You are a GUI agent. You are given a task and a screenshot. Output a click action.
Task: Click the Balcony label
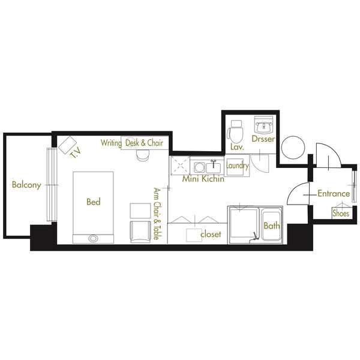26,185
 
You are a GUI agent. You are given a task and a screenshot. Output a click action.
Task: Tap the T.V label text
76,153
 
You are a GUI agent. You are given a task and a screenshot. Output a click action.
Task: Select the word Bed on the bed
94,202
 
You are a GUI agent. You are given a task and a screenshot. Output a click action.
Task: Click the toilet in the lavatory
235,131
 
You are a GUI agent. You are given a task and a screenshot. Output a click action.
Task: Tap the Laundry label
237,166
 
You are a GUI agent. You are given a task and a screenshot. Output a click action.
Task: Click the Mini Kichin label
203,179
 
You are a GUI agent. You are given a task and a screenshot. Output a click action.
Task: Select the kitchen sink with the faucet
213,167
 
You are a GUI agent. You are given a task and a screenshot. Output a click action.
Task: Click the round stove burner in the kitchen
199,167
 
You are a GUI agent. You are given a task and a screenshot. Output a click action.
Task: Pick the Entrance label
334,194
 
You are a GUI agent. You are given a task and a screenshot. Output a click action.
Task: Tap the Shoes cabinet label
341,213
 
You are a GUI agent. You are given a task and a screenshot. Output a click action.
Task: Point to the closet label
211,234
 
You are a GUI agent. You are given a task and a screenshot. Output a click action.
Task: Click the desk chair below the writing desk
143,155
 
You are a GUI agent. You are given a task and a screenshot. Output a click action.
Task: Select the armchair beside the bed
140,232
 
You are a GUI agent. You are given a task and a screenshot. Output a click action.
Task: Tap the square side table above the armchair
140,211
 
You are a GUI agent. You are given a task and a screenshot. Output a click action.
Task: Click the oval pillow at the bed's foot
93,239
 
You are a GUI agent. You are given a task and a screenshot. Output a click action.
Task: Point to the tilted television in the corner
67,145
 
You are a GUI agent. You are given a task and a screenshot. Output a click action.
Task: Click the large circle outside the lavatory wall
293,147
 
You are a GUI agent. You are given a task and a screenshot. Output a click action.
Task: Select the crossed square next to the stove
180,166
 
